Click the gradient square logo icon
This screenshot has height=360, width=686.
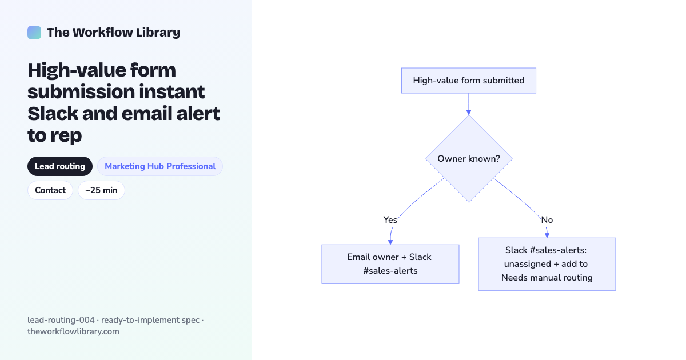click(x=34, y=33)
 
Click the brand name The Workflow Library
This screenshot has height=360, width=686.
click(x=113, y=33)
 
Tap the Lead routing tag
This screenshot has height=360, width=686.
click(x=60, y=166)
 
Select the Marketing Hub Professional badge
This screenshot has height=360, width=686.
click(x=160, y=166)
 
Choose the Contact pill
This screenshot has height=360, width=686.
click(x=50, y=190)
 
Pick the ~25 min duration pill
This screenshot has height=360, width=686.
click(x=101, y=190)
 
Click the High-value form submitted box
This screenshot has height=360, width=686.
click(x=469, y=81)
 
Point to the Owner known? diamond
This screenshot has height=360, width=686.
click(x=469, y=159)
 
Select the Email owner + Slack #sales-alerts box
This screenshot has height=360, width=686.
click(x=390, y=264)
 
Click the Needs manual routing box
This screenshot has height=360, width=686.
click(x=547, y=264)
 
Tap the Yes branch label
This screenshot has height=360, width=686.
click(x=390, y=220)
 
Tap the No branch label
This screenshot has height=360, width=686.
click(x=547, y=220)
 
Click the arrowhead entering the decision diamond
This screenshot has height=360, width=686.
click(x=469, y=113)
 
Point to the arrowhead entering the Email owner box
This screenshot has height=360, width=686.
click(x=390, y=242)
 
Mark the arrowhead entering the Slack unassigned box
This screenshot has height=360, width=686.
click(x=547, y=235)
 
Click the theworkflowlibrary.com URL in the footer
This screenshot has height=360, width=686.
click(x=73, y=331)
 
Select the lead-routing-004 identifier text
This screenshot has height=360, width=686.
click(x=61, y=320)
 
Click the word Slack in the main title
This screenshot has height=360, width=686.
click(x=53, y=113)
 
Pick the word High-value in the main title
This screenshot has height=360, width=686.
click(x=76, y=70)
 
